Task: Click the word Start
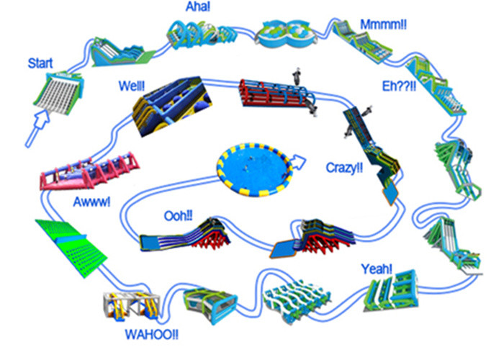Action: click(x=40, y=63)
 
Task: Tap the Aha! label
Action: click(x=198, y=6)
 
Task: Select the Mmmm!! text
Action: click(x=383, y=24)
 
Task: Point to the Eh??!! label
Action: click(x=399, y=86)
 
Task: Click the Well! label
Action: click(x=132, y=86)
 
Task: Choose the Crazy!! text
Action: click(x=344, y=168)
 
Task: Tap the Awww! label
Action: click(x=91, y=202)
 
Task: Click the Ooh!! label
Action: click(x=179, y=216)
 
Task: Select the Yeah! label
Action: click(x=377, y=269)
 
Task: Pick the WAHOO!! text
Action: click(x=151, y=335)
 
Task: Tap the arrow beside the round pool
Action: click(x=298, y=162)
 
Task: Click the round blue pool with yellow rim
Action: click(x=255, y=170)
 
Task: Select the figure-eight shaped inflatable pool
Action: click(x=285, y=34)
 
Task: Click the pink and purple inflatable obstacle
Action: click(x=90, y=171)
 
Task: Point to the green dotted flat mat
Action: click(x=71, y=248)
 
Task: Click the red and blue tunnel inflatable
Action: click(x=278, y=94)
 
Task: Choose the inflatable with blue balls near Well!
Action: click(x=172, y=105)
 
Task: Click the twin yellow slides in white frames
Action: click(x=132, y=305)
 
